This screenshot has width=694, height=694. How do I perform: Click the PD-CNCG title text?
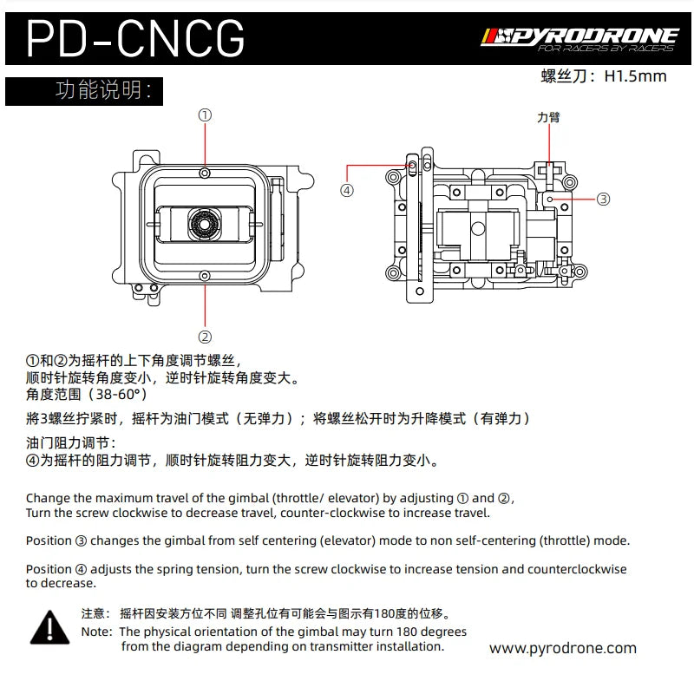pos(135,38)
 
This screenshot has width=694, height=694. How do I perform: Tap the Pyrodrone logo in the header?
pos(579,39)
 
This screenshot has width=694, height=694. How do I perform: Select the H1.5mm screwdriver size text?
pos(636,76)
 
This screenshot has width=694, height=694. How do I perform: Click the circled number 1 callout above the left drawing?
pos(205,115)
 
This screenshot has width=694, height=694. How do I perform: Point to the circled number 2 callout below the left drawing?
pos(205,337)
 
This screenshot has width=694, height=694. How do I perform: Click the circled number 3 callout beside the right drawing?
pos(603,200)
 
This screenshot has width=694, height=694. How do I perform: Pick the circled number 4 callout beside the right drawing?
pos(347,191)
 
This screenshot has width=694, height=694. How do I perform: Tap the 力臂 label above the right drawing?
pos(549,117)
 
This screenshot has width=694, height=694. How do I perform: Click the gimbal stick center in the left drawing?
pos(204,225)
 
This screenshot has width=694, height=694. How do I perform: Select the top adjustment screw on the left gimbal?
pos(205,173)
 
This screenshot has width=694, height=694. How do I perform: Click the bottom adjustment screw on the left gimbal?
pos(205,276)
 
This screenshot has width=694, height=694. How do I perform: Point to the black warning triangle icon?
pos(50,627)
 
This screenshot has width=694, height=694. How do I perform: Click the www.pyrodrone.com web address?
pos(563,648)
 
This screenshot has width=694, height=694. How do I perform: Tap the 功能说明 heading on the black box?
pos(103,90)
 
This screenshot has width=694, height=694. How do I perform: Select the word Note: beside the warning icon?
pos(97,632)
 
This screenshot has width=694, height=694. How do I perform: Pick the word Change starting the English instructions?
pos(49,498)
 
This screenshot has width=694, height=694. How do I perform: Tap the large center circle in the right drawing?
pos(478,229)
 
